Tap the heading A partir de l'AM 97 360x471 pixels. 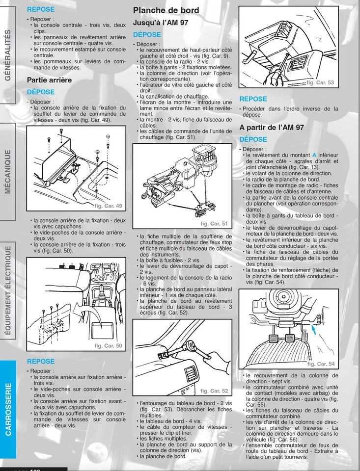(x=272, y=128)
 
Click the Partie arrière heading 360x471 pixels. (x=49, y=79)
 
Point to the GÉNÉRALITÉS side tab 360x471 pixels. (x=7, y=54)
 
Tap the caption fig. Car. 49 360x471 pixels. (x=109, y=206)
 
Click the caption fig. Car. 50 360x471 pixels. (x=108, y=346)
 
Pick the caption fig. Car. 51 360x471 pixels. (x=215, y=224)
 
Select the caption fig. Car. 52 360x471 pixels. (x=214, y=391)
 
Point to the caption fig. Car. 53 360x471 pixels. (x=320, y=83)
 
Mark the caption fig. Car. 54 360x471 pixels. (x=321, y=364)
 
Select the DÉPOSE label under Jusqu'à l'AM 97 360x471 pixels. (x=147, y=35)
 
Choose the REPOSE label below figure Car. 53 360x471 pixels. (x=253, y=99)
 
